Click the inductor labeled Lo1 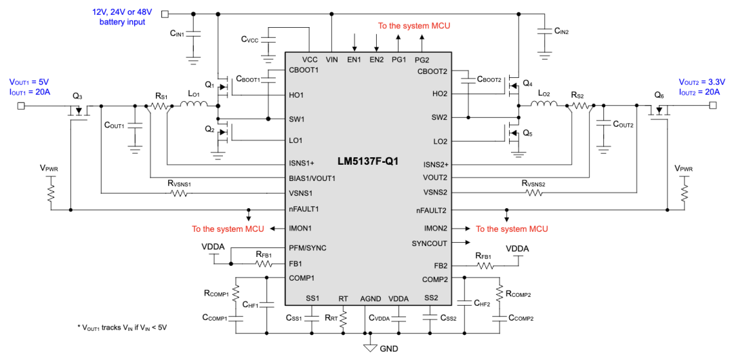[194, 105]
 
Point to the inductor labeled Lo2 [544, 104]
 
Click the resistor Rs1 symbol [160, 106]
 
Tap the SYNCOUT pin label [430, 242]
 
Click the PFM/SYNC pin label [307, 247]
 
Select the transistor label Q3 [77, 96]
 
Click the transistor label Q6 [659, 96]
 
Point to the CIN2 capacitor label [561, 31]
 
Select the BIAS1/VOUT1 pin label [312, 178]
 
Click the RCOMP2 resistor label [519, 294]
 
